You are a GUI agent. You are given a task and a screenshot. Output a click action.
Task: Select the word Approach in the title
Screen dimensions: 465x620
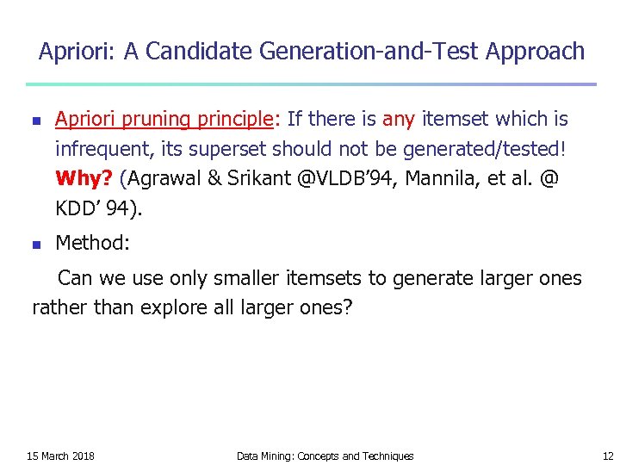pos(535,52)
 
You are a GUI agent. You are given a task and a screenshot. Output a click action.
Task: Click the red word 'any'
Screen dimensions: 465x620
pos(399,119)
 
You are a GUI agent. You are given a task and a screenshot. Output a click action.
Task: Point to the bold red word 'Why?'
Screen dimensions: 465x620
pos(84,178)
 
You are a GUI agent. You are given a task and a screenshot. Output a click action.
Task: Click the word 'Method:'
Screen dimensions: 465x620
pos(92,243)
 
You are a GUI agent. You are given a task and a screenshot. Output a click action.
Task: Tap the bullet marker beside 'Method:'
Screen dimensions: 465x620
pos(34,245)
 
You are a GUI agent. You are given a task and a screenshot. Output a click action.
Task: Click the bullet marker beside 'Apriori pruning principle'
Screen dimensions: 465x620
pos(34,121)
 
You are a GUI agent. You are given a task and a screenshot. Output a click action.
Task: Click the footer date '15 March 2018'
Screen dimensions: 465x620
pos(60,456)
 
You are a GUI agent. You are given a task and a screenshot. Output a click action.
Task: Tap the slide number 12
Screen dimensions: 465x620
pos(608,456)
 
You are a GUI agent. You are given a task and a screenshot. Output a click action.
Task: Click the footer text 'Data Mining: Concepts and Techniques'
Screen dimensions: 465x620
pos(325,456)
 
